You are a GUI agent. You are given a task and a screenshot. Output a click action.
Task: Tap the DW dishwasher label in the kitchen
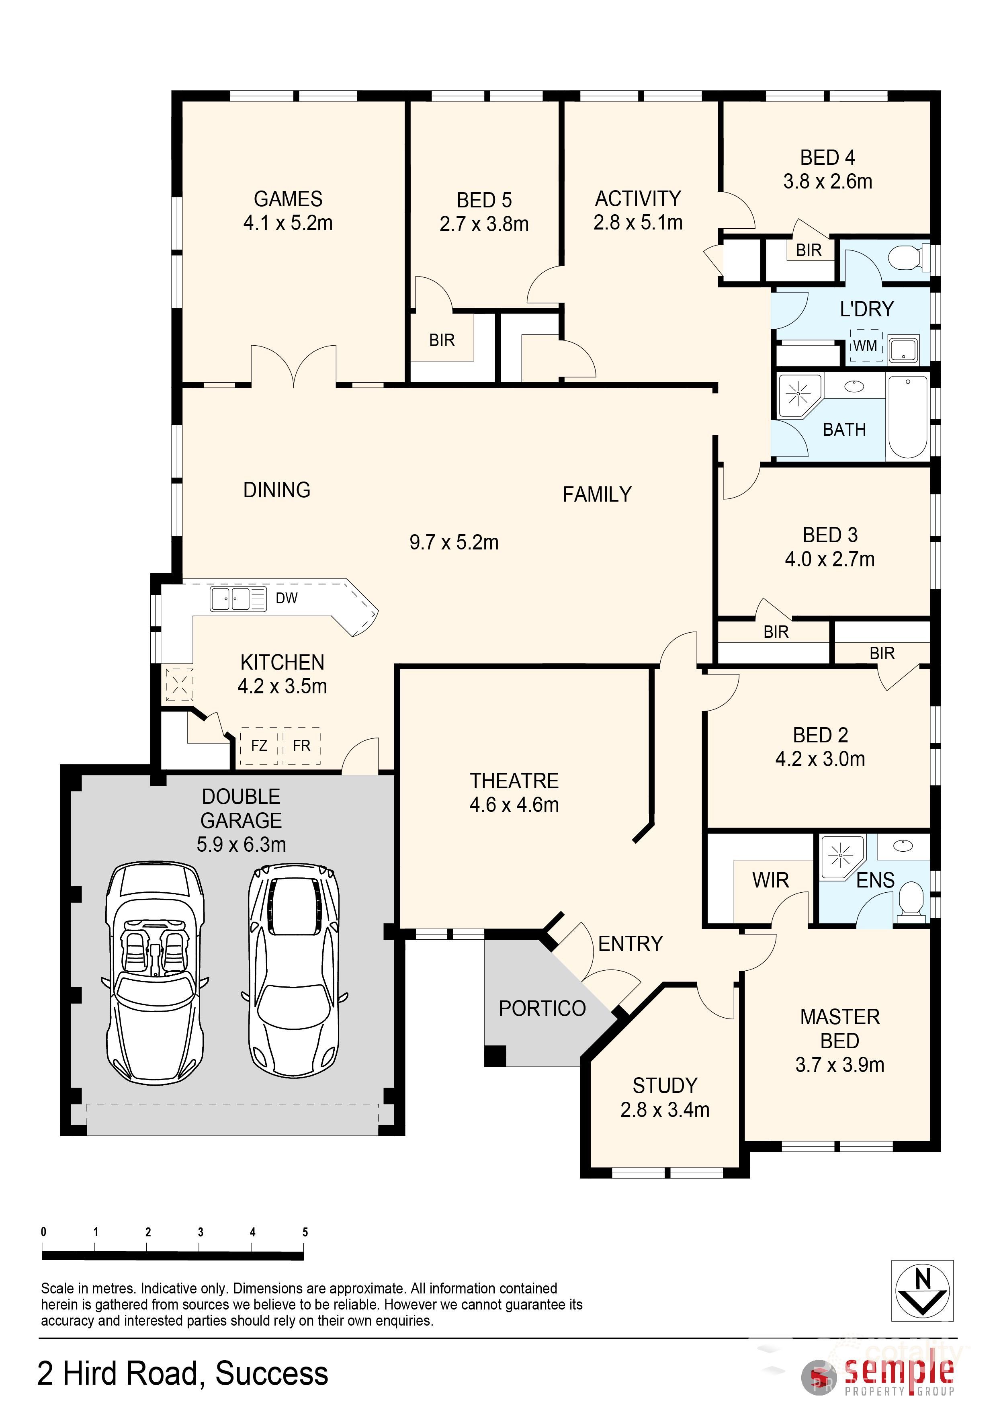tap(287, 598)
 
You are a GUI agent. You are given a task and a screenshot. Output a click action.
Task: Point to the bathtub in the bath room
tap(908, 418)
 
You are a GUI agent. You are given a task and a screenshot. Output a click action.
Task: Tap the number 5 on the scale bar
tap(305, 1232)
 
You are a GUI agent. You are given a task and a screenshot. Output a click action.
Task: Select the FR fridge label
tap(301, 746)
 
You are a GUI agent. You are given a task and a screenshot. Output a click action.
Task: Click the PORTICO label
tap(542, 1008)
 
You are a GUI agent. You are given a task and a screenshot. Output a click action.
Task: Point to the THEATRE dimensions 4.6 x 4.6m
tap(514, 805)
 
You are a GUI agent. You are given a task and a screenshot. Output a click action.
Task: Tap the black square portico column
tap(495, 1055)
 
